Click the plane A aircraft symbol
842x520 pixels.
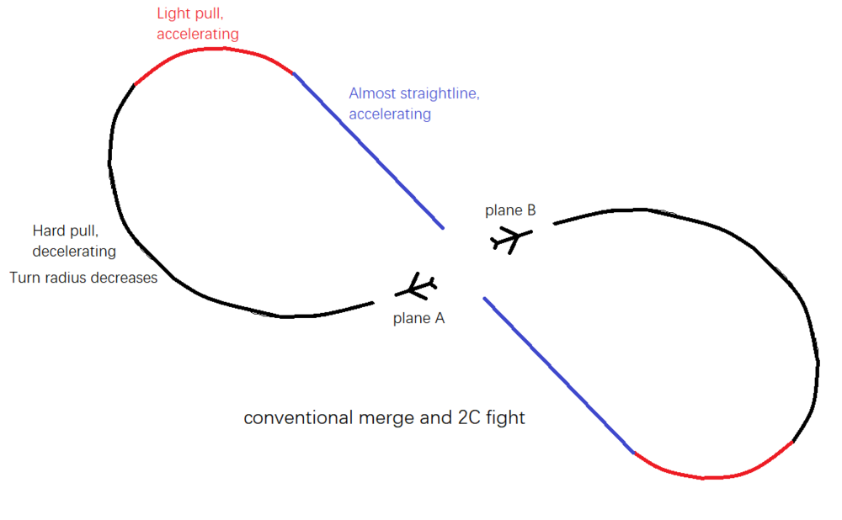coord(416,288)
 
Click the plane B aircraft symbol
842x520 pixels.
coord(508,240)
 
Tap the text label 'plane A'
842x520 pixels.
coord(418,318)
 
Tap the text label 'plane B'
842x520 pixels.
coord(510,210)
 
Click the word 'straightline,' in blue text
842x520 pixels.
coord(438,93)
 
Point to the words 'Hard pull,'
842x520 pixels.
coord(62,231)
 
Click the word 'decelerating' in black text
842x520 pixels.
coord(74,251)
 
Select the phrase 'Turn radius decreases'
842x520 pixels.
coord(83,277)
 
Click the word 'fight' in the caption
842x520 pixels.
coord(507,417)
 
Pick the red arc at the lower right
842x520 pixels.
coord(711,475)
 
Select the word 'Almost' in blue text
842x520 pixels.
coord(373,93)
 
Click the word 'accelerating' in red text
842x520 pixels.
coord(198,34)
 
